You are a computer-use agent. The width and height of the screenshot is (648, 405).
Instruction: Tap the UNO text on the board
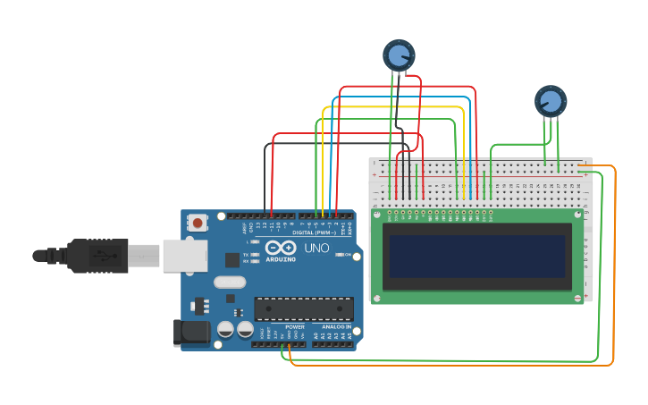coord(317,248)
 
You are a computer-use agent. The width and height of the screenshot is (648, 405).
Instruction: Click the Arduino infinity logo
coord(279,248)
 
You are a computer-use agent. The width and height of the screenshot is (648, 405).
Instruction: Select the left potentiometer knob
coord(398,55)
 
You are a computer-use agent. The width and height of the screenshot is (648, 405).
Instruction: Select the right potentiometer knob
coord(550,101)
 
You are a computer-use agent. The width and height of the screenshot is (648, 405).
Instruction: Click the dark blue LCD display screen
coord(476,257)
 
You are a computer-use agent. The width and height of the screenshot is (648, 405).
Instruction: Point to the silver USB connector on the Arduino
coord(183,256)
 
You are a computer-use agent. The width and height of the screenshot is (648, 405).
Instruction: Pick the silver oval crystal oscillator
coord(230,282)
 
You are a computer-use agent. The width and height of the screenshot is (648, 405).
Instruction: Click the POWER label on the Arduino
coord(295,327)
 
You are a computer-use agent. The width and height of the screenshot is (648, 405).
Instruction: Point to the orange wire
coord(614,268)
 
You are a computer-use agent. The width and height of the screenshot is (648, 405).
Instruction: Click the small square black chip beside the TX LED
coord(232,260)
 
